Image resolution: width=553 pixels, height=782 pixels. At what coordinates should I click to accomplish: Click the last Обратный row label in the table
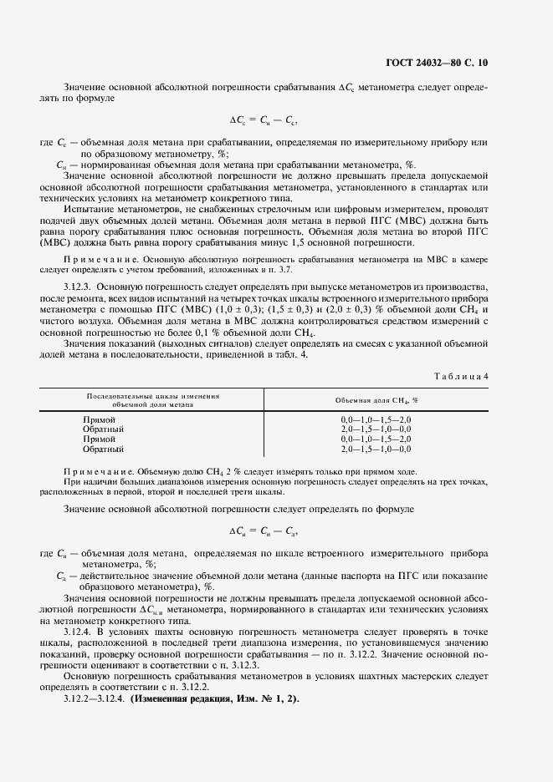pyautogui.click(x=103, y=449)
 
